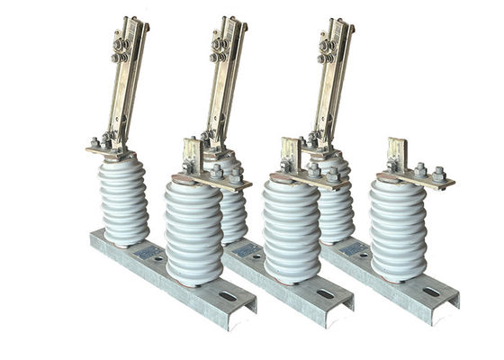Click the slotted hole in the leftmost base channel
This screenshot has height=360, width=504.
pos(224,295)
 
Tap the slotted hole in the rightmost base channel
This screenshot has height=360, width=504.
pos(432,291)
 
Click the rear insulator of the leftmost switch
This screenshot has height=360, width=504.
pos(124,202)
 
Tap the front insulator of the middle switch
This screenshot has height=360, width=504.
pos(291,230)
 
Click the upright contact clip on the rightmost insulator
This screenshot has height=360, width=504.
pos(396,153)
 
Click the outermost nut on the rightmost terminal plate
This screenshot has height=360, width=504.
pos(438,174)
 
